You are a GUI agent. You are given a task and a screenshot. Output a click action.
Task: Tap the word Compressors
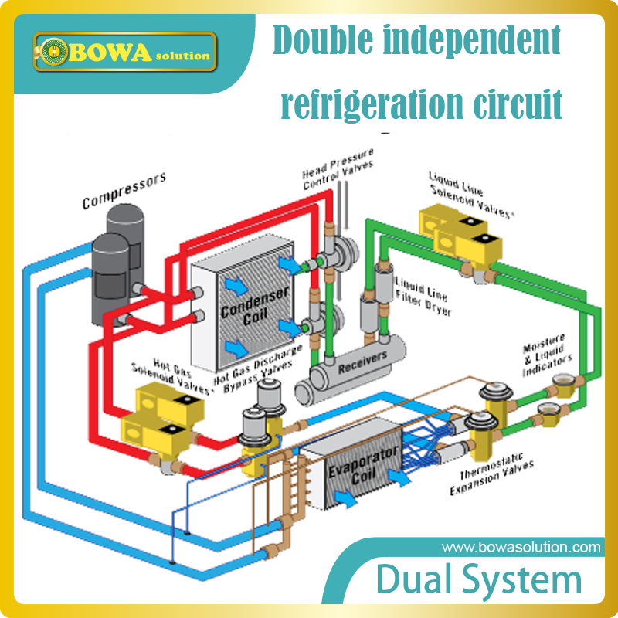tap(124, 191)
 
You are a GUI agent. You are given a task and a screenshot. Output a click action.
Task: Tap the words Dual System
tap(479, 580)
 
